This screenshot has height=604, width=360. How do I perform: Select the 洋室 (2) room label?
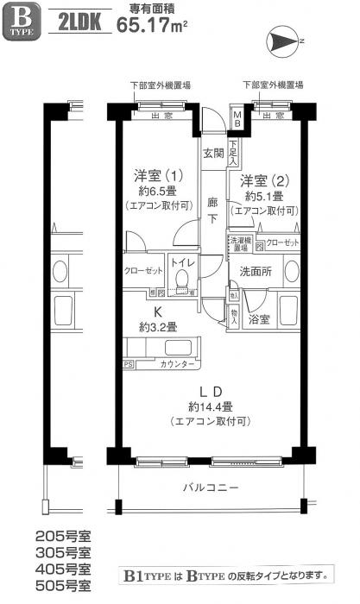tap(264, 181)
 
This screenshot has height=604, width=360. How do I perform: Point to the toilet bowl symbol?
tap(181, 278)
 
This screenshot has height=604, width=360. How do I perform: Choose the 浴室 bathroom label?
tap(260, 318)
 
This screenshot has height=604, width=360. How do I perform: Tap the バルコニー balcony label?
tap(211, 488)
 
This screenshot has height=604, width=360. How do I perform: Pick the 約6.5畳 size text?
tap(155, 192)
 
